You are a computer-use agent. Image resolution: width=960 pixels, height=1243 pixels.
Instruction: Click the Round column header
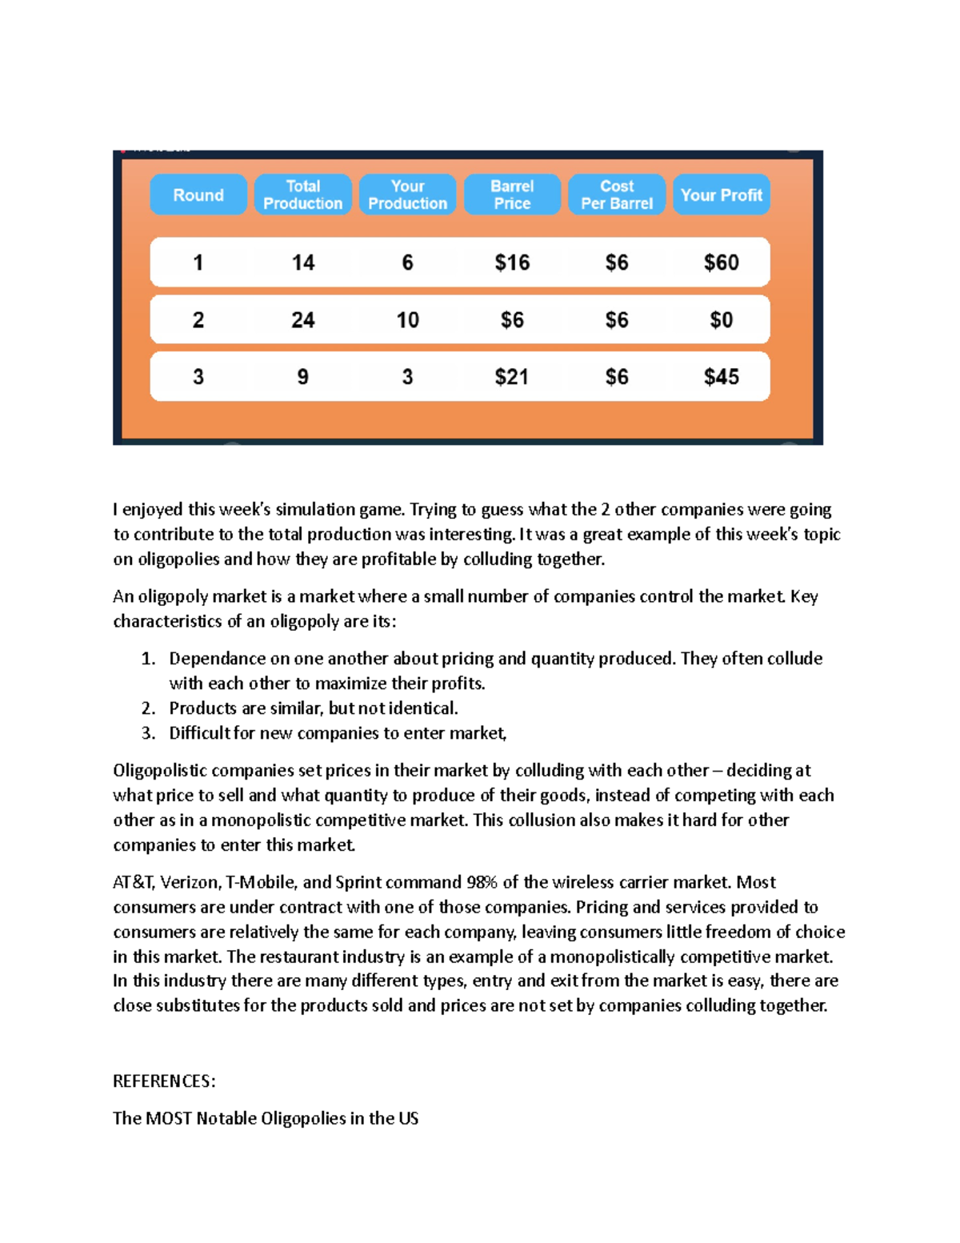coord(198,194)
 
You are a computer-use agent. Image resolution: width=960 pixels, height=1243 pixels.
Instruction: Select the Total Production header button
coord(303,194)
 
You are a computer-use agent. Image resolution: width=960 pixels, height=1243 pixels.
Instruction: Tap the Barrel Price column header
coord(512,194)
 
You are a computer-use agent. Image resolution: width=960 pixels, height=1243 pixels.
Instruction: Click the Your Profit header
coord(721,194)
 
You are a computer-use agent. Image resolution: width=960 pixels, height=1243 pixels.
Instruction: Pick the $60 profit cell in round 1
coord(721,263)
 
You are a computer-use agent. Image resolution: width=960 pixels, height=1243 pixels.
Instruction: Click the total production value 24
coord(303,320)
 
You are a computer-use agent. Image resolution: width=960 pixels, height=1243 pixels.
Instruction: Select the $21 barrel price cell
coord(512,377)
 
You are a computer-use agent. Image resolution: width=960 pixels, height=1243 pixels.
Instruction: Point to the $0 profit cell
coord(721,320)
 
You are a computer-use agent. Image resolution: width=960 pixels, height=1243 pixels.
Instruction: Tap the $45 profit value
coord(721,377)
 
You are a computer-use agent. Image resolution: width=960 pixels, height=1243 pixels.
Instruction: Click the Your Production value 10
coord(407,320)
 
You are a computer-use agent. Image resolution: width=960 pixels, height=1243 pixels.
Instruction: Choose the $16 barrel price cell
coord(512,263)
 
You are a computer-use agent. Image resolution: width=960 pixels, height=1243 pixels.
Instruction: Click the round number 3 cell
coord(198,377)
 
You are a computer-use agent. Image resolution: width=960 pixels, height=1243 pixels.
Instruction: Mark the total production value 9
coord(303,377)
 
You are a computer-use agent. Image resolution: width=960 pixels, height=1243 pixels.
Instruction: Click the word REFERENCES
coord(163,1081)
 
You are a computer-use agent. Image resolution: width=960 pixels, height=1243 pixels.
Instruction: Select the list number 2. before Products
coord(148,708)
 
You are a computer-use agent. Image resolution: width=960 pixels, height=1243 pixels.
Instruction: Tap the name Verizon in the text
coord(189,882)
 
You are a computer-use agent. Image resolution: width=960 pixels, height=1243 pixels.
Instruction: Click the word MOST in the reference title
coord(169,1118)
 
